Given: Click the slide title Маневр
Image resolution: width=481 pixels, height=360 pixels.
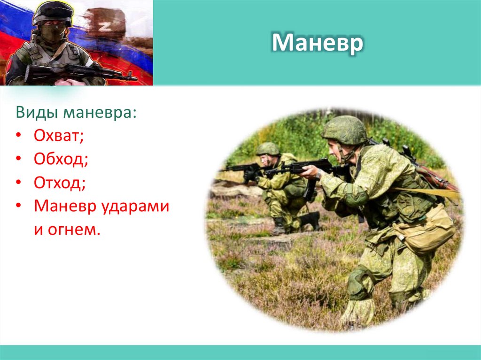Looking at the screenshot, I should [318, 43].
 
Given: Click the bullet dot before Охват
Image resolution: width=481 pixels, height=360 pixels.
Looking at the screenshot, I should [18, 136].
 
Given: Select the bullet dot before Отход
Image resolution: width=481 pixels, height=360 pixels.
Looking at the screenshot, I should [18, 183].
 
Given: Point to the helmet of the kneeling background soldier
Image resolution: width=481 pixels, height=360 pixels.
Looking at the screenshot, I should [268, 149].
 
